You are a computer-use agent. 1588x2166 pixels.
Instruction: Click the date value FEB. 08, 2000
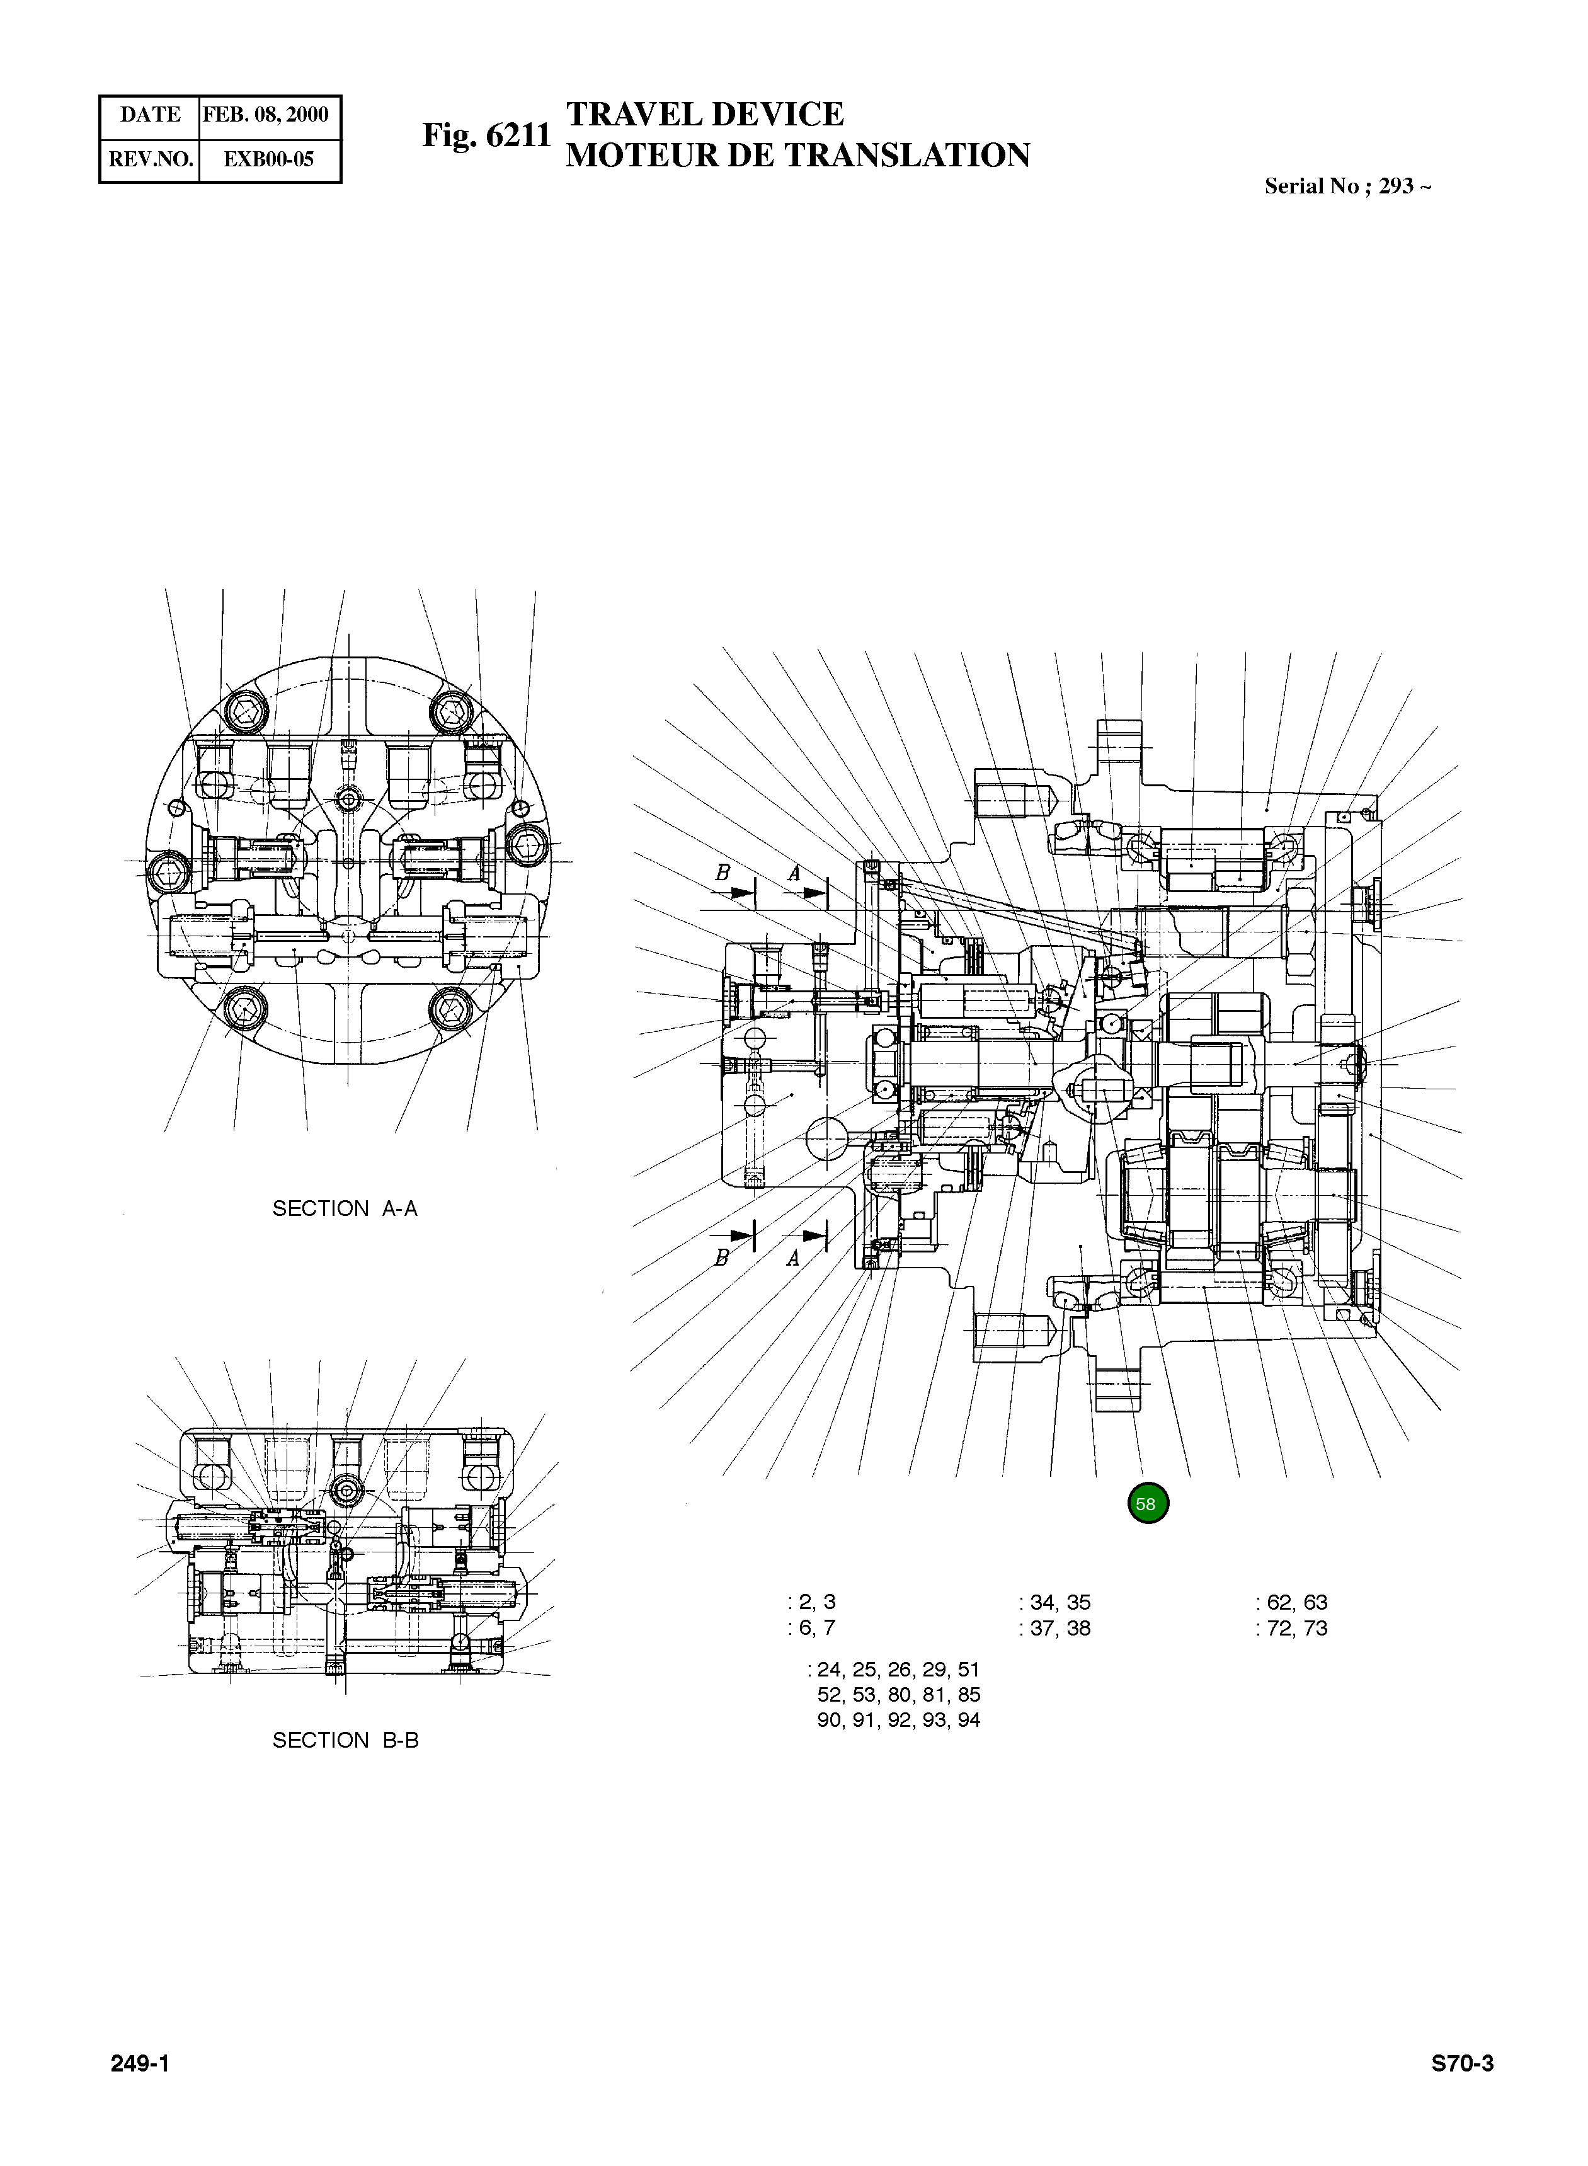266,115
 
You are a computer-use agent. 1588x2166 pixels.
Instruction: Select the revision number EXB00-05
268,159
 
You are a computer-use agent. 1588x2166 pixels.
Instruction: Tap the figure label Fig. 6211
486,135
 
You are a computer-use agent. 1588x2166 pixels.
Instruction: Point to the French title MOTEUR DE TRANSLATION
797,155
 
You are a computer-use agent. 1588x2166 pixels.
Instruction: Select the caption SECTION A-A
345,1208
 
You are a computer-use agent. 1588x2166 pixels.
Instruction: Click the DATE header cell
150,115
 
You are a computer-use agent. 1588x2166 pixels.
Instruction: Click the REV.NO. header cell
150,159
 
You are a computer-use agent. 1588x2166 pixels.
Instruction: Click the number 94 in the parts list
968,1720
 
